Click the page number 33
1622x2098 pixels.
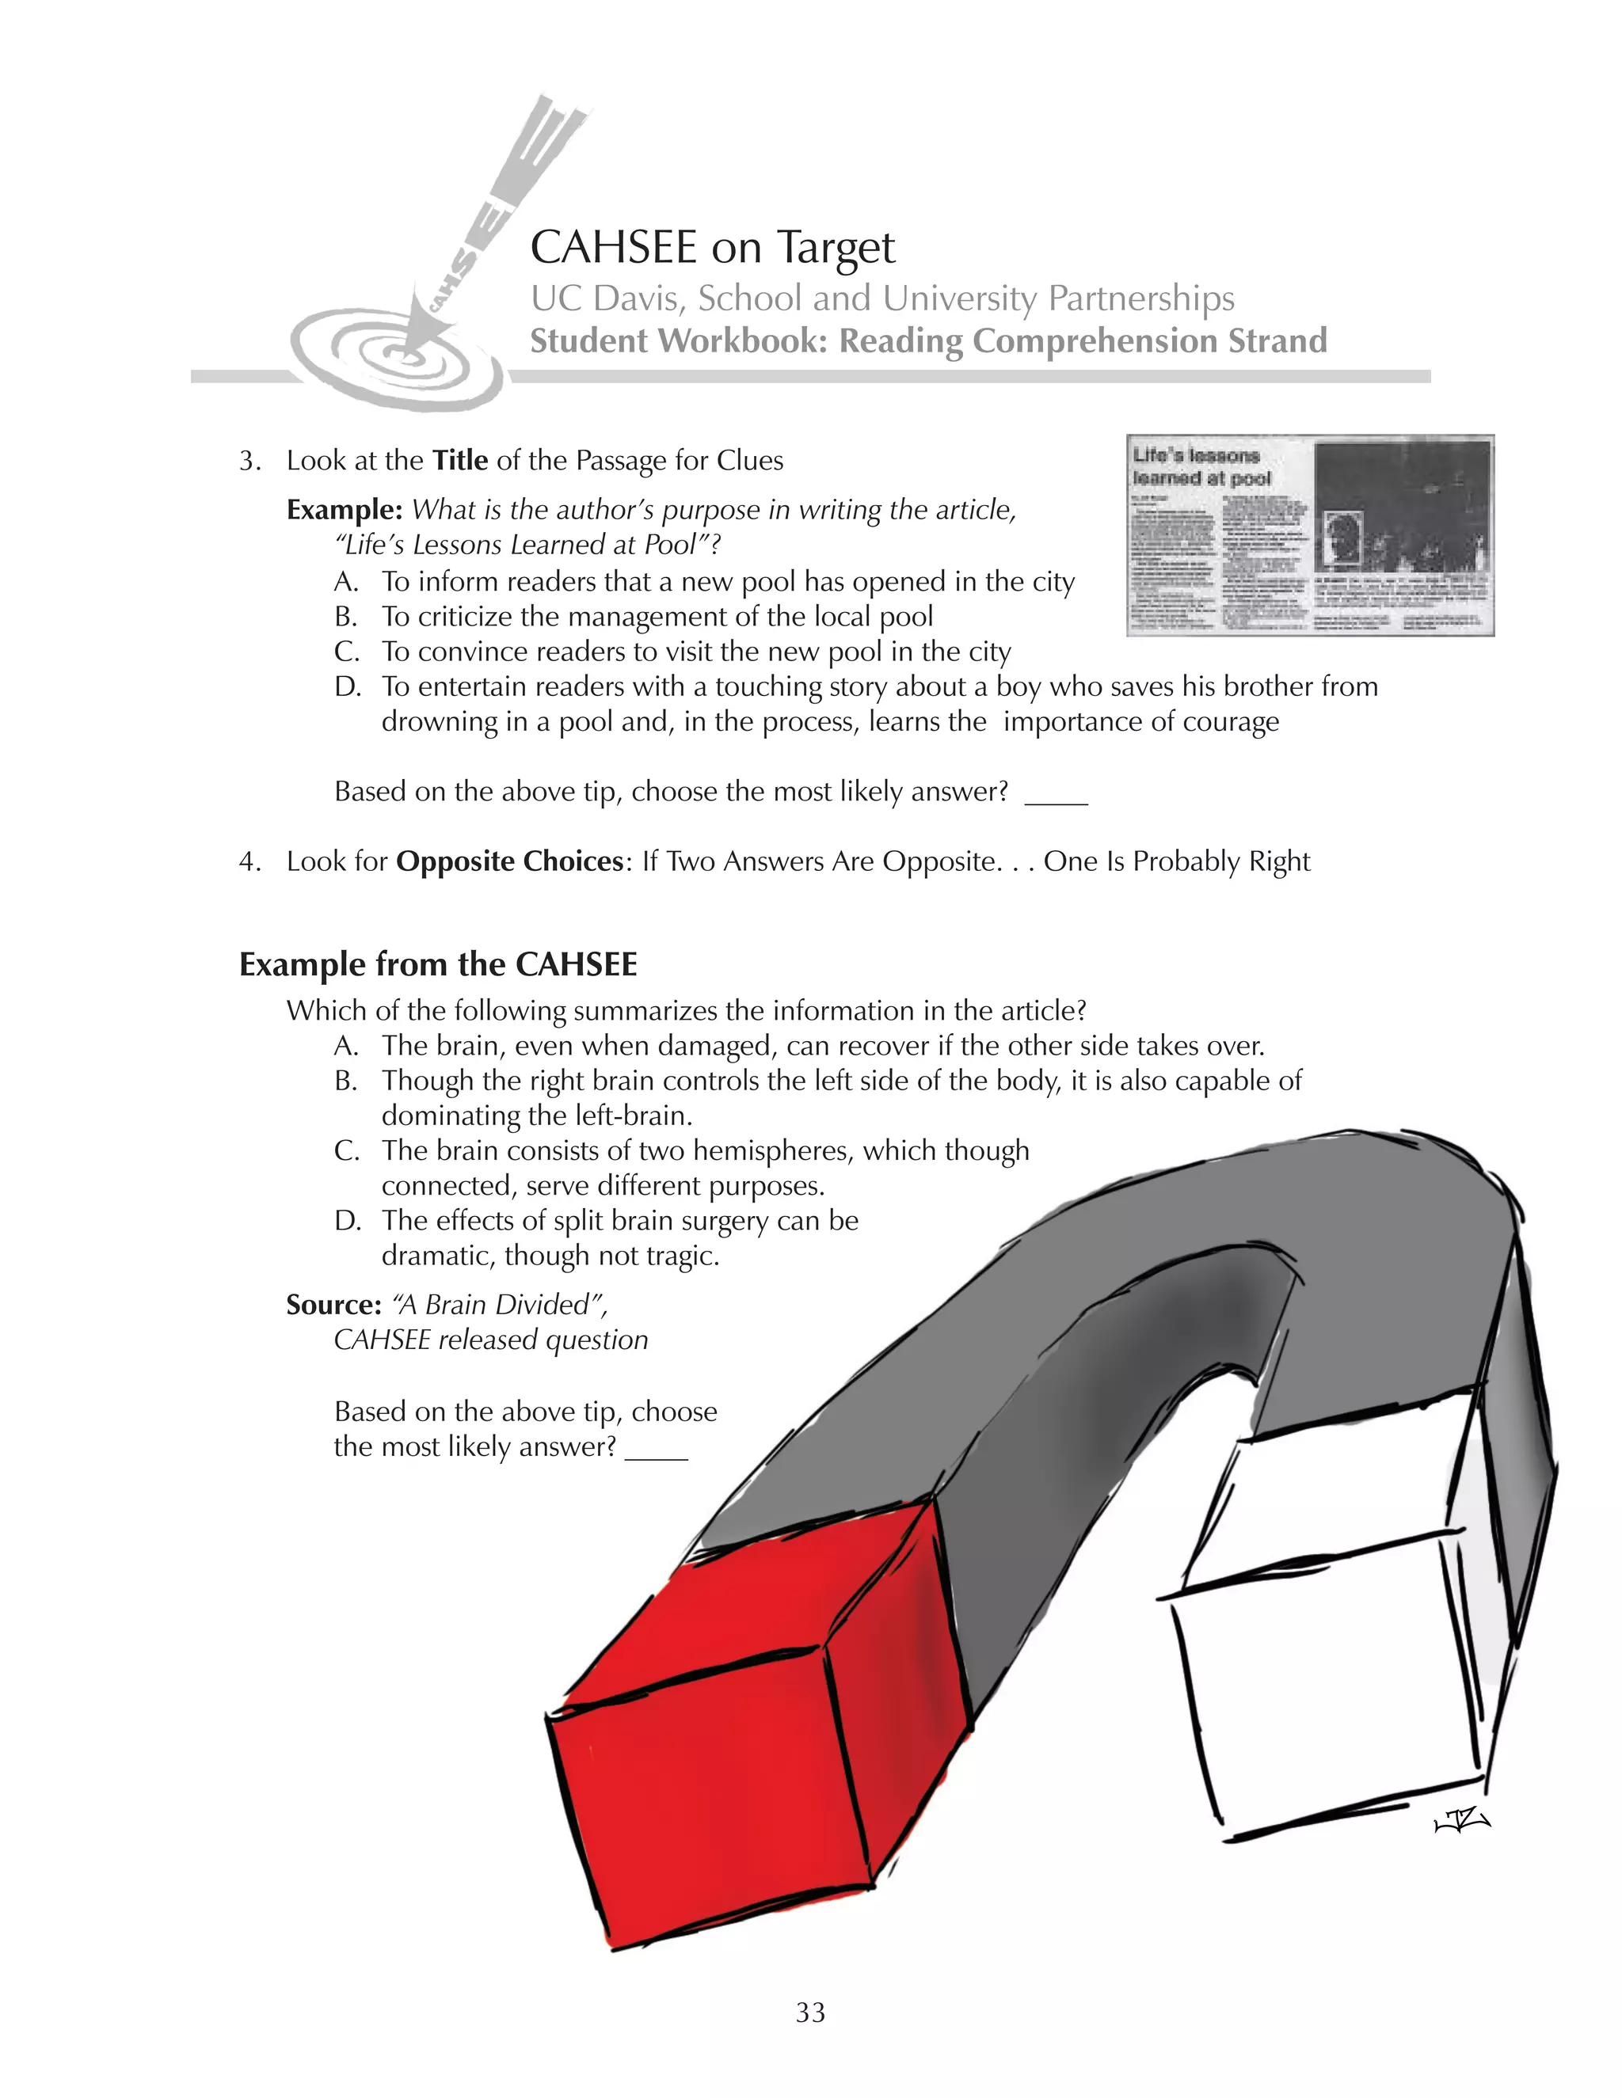pyautogui.click(x=810, y=2012)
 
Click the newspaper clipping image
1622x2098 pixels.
pyautogui.click(x=1310, y=535)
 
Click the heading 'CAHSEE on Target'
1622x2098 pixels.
pyautogui.click(x=712, y=248)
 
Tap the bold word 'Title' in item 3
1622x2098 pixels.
pyautogui.click(x=460, y=461)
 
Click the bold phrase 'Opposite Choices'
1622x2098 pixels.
pyautogui.click(x=509, y=861)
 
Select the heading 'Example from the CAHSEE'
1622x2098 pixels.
pyautogui.click(x=438, y=964)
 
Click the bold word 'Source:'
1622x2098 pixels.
pyautogui.click(x=333, y=1305)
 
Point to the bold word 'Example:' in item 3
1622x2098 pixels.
pyautogui.click(x=344, y=510)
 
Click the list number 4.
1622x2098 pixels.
pyautogui.click(x=249, y=861)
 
